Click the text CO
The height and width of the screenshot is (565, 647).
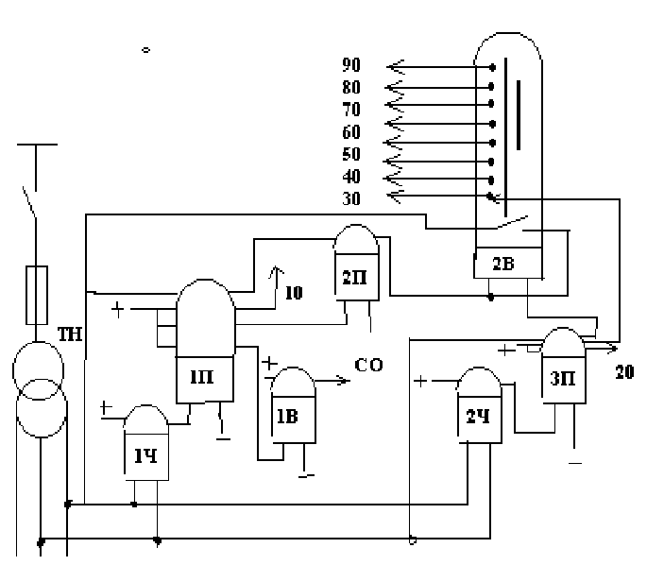point(369,365)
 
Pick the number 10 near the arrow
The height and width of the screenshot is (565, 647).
point(294,293)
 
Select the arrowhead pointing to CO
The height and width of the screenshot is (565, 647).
point(341,381)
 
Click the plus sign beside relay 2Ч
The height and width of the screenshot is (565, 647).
point(420,382)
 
